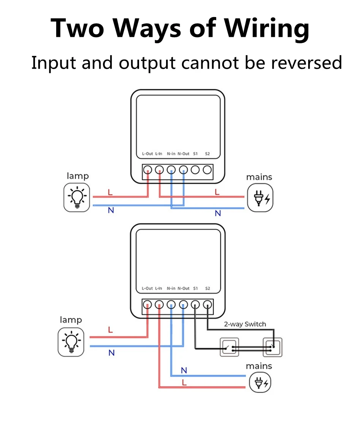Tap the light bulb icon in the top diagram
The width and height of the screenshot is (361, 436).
click(77, 197)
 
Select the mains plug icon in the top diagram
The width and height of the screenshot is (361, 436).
click(260, 198)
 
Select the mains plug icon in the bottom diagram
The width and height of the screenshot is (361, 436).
click(260, 382)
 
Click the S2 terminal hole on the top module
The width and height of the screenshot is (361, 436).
click(207, 170)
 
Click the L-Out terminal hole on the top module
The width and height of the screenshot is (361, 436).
click(147, 170)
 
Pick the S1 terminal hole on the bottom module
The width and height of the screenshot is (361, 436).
click(195, 304)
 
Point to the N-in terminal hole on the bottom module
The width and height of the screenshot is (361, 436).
click(171, 304)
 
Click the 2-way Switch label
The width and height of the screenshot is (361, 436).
click(245, 324)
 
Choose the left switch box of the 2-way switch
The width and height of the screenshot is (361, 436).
click(230, 347)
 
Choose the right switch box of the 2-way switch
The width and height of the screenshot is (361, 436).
click(272, 347)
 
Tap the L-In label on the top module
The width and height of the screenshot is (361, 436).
click(158, 154)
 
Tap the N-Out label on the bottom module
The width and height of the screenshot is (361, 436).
click(183, 288)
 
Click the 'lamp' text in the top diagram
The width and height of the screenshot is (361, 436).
click(78, 176)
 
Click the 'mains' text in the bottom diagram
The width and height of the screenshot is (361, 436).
click(259, 366)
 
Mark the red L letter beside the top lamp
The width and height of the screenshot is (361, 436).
click(110, 192)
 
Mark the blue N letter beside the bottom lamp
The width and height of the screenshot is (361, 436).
click(111, 353)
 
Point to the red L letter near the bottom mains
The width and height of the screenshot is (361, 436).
click(184, 382)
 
